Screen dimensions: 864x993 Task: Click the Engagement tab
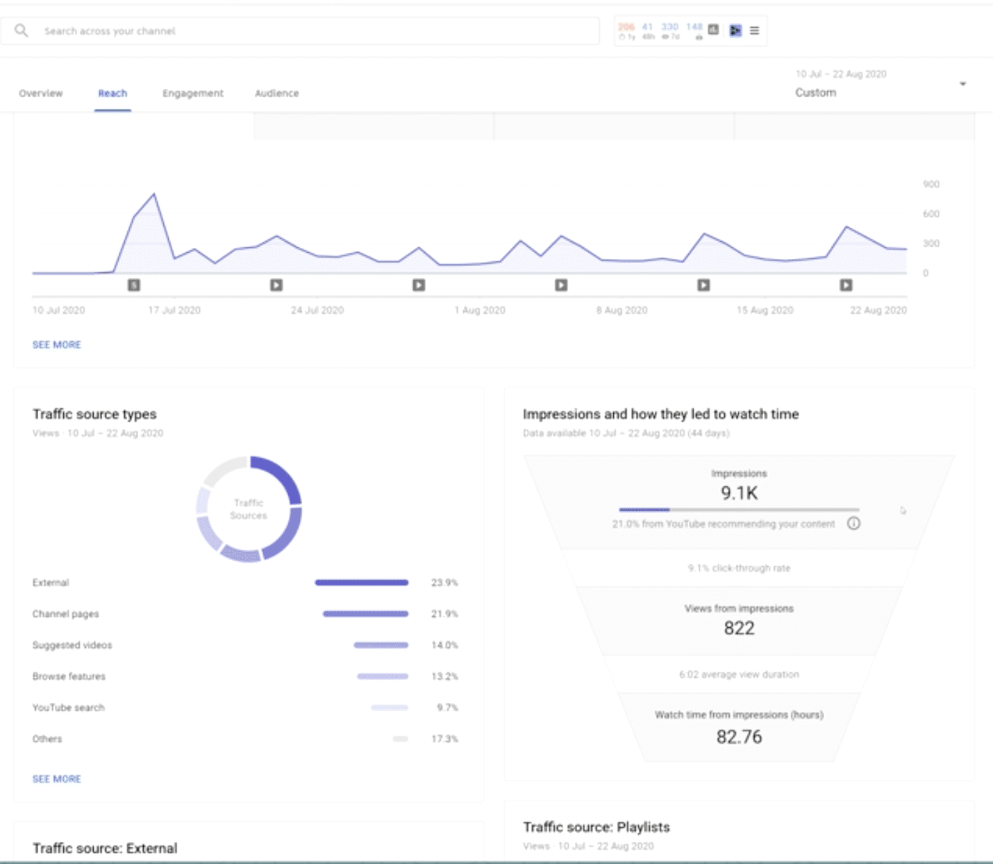click(x=193, y=93)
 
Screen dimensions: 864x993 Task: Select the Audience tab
click(x=276, y=93)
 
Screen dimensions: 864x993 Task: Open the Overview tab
click(x=41, y=93)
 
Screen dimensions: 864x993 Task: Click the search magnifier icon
click(x=22, y=31)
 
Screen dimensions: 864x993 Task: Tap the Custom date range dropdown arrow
click(x=962, y=84)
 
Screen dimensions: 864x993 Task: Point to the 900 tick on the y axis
click(x=931, y=184)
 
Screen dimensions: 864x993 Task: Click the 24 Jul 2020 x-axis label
click(x=317, y=310)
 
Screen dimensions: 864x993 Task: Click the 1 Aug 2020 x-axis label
click(x=480, y=310)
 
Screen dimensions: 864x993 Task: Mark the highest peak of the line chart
click(x=154, y=194)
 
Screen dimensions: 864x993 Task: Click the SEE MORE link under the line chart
click(x=57, y=344)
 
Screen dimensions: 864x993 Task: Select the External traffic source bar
click(x=361, y=583)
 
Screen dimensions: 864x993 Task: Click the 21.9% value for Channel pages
click(x=444, y=614)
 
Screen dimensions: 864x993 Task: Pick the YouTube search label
click(x=68, y=708)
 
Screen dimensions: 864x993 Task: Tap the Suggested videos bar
click(x=381, y=645)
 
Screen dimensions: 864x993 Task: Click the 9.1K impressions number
click(x=739, y=493)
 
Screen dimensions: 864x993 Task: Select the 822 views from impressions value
click(x=739, y=628)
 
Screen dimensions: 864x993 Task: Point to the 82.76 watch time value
click(x=739, y=737)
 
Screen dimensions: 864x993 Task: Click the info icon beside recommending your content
click(x=853, y=524)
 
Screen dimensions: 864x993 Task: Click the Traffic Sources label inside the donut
click(x=249, y=509)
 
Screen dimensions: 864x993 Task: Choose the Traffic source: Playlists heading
click(x=596, y=827)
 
